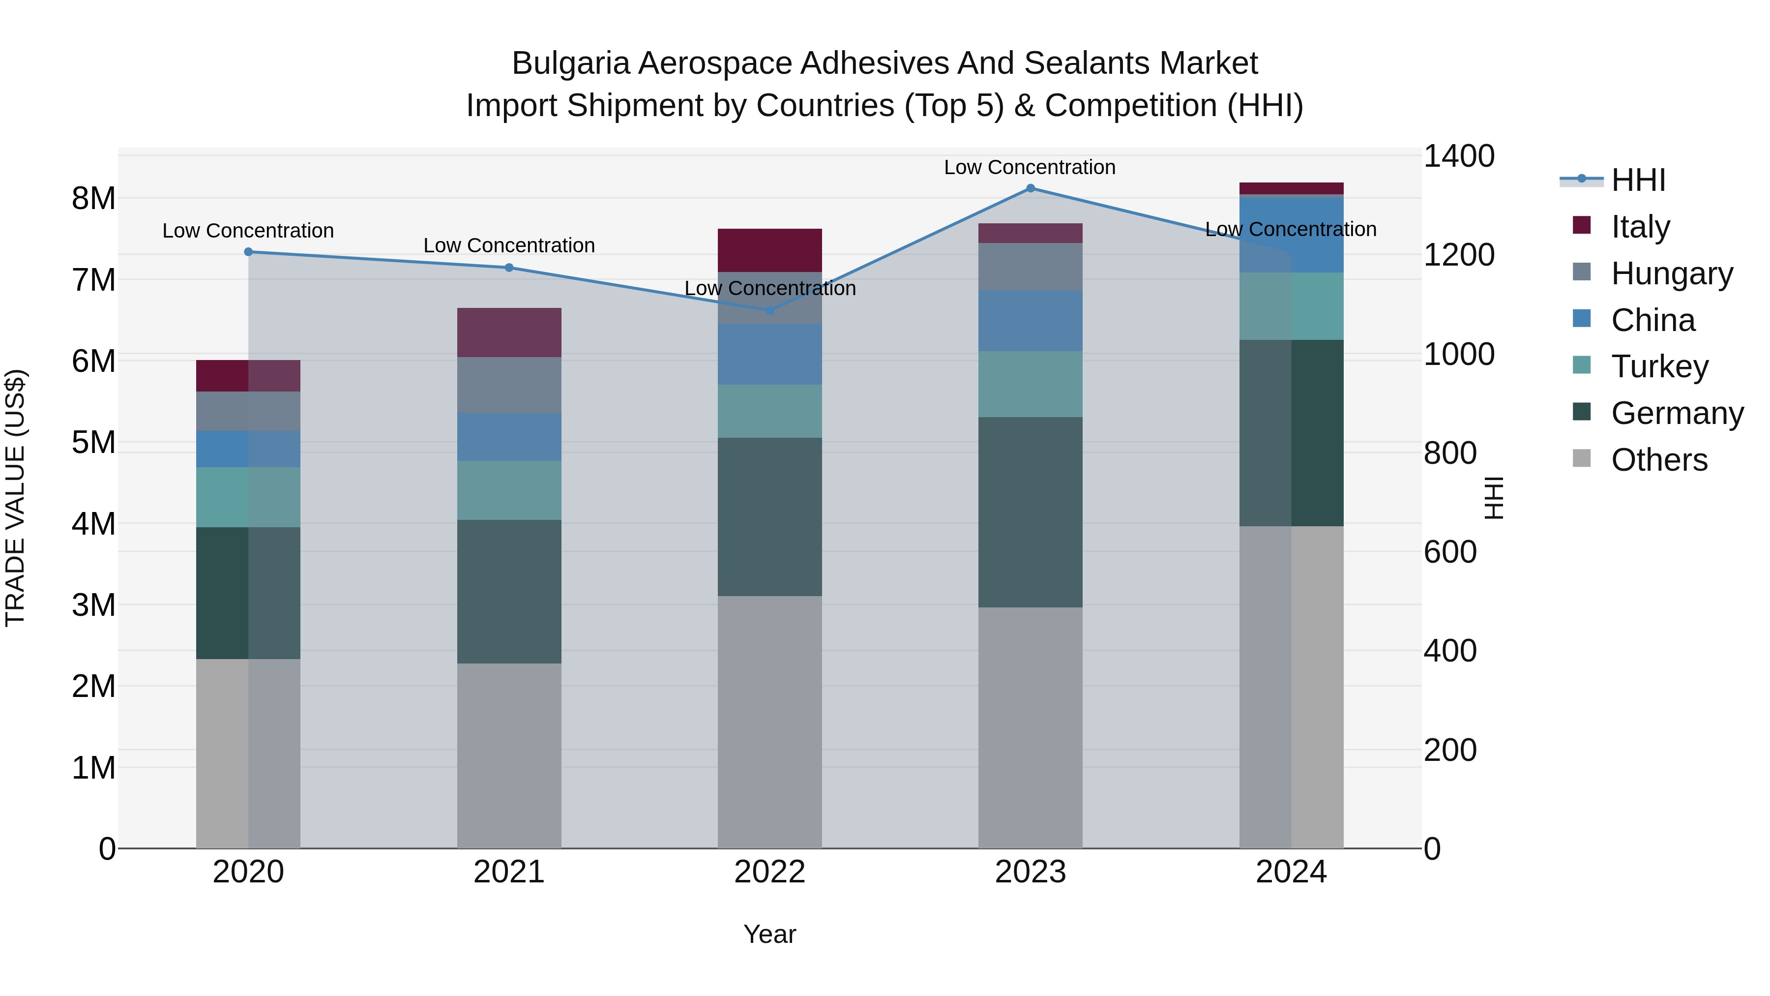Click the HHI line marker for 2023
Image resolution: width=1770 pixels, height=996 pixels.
point(1030,188)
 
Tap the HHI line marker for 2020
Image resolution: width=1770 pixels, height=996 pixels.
point(249,252)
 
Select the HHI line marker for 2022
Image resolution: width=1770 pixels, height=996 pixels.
point(769,311)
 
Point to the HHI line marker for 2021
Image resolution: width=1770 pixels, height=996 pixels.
point(509,268)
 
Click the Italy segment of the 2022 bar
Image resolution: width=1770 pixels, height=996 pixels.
point(769,250)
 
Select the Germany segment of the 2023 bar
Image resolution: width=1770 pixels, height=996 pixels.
point(1030,512)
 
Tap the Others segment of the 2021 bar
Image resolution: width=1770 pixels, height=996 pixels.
point(509,755)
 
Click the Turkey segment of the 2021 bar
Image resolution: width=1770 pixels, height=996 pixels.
point(509,490)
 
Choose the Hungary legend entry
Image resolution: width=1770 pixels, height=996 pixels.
point(1671,273)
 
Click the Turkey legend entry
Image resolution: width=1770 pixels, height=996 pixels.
point(1659,366)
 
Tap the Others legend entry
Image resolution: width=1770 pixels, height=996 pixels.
point(1659,460)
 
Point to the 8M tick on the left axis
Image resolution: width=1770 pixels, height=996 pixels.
point(93,199)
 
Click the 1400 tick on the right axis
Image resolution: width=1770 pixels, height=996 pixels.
point(1458,156)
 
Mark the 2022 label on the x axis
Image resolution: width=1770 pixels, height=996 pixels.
point(769,872)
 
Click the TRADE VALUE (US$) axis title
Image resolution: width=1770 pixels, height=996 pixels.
point(15,498)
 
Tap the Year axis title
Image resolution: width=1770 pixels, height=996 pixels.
point(769,934)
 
